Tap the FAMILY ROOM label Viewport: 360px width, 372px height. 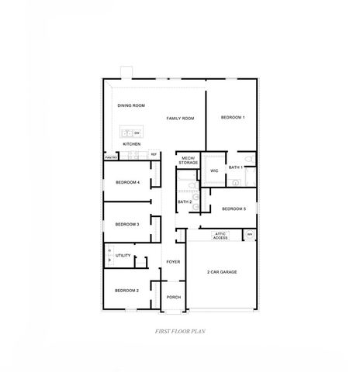click(x=180, y=118)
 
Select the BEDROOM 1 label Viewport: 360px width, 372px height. click(x=233, y=117)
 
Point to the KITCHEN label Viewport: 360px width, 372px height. click(x=132, y=144)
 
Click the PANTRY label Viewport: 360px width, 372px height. click(x=111, y=157)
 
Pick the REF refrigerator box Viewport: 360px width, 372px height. click(x=154, y=154)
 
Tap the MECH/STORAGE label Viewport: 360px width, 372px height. click(x=189, y=160)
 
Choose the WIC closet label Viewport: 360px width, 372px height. click(x=213, y=170)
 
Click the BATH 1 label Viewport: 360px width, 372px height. click(x=237, y=167)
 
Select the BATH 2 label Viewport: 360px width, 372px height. click(x=185, y=201)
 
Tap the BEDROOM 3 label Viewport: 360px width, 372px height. click(x=127, y=224)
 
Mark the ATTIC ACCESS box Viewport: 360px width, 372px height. click(x=220, y=236)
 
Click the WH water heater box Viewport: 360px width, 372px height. click(x=249, y=235)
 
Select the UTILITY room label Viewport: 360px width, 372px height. click(x=123, y=255)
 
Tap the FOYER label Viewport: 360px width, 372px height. click(x=173, y=262)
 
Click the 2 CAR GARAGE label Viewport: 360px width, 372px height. click(x=222, y=273)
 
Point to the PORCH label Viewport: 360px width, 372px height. click(x=173, y=297)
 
